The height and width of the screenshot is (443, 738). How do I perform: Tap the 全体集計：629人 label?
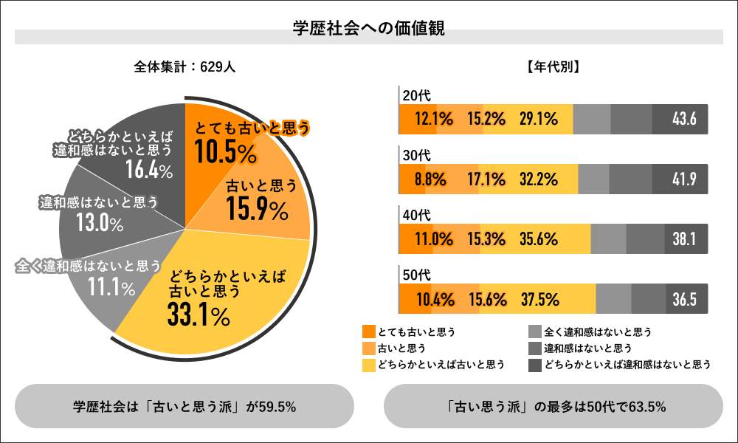click(x=184, y=66)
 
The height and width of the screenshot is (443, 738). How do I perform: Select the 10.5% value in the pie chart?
click(x=225, y=153)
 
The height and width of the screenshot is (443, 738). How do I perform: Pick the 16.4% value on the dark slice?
click(x=148, y=171)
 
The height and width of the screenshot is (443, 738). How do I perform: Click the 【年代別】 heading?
click(x=553, y=66)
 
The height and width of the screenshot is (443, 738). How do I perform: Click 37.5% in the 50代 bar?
click(x=539, y=300)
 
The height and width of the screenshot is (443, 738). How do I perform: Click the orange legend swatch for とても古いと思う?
click(x=369, y=332)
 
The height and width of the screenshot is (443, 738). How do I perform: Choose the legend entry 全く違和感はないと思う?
click(x=597, y=332)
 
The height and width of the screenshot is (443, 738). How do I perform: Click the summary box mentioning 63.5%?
click(x=553, y=406)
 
